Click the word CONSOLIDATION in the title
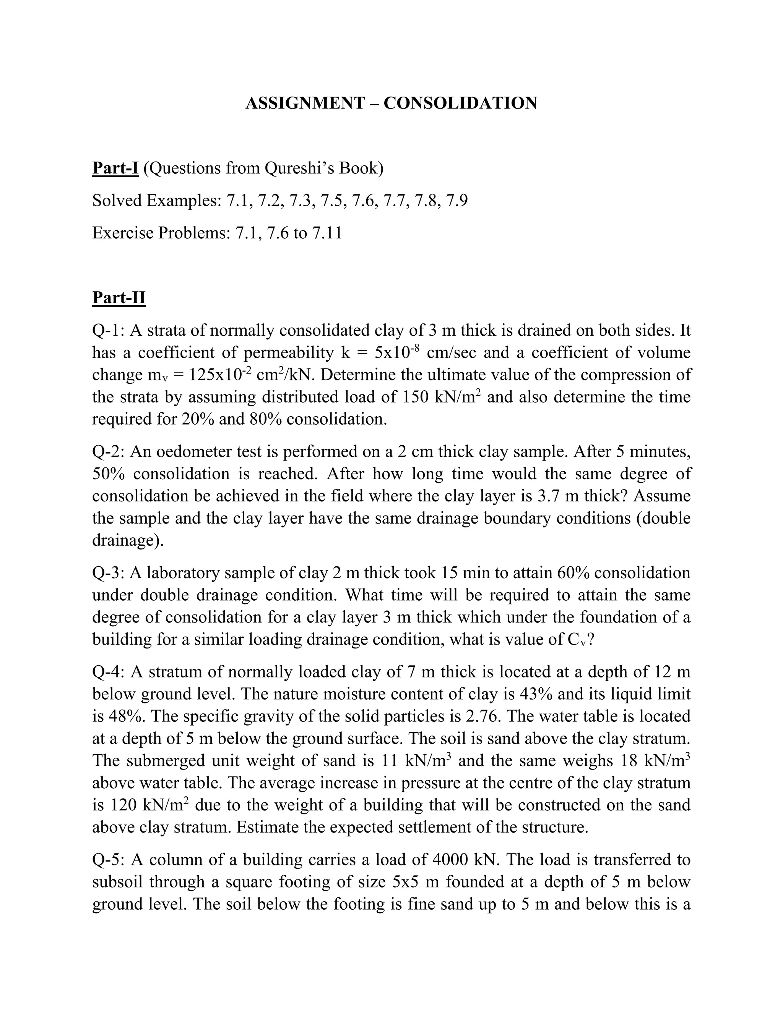pyautogui.click(x=460, y=103)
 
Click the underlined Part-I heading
pyautogui.click(x=115, y=168)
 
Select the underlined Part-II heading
pyautogui.click(x=119, y=297)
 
